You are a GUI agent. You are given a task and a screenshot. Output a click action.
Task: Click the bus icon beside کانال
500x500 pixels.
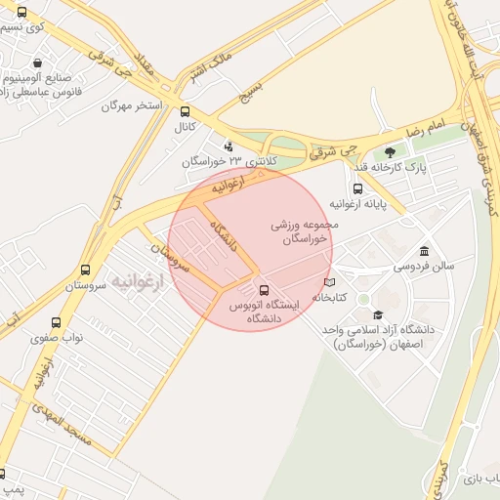point(186,111)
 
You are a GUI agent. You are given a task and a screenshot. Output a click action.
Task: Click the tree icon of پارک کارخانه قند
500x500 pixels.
point(391,152)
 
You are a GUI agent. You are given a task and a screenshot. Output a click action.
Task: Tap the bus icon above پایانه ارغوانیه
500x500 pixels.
point(357,188)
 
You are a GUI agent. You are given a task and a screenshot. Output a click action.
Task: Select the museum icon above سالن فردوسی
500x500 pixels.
point(423,250)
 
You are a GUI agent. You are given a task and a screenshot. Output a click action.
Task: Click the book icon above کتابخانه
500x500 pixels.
point(329,282)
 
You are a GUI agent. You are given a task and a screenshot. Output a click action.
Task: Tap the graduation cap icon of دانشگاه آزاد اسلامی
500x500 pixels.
point(377,314)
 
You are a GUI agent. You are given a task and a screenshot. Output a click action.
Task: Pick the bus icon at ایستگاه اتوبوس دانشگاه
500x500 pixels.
point(264,290)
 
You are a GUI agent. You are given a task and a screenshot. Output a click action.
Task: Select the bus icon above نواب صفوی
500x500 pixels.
point(55,321)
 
